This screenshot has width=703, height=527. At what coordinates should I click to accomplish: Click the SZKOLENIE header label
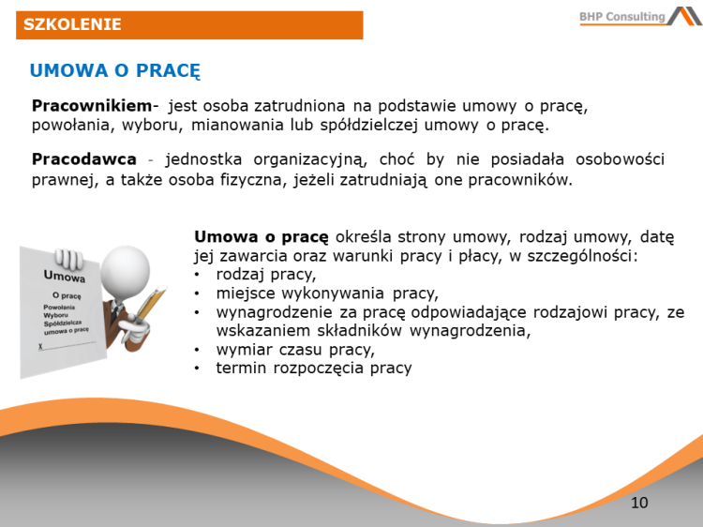tap(72, 24)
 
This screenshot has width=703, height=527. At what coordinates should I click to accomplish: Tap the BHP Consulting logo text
tap(621, 16)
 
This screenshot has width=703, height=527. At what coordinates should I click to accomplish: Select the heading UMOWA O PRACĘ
tap(115, 70)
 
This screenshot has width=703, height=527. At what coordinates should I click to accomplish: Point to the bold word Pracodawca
tap(84, 159)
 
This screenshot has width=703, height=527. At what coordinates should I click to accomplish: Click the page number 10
tap(639, 503)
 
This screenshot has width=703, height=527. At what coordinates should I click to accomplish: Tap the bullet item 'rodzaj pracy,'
tap(265, 275)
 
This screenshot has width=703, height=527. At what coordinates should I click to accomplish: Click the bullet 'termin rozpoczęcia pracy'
tap(314, 369)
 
